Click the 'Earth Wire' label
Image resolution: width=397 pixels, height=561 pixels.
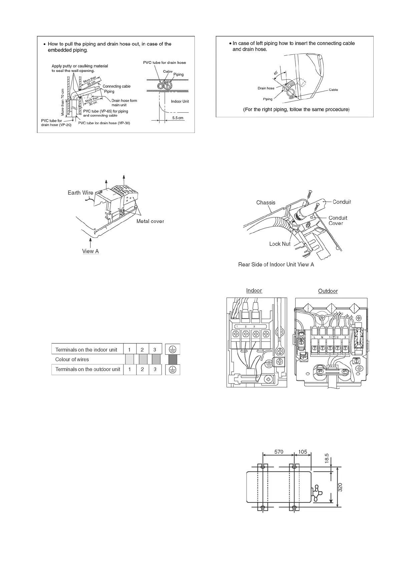click(80, 193)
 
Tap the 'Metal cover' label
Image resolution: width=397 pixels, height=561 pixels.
click(150, 221)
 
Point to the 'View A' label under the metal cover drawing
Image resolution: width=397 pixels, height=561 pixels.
click(90, 251)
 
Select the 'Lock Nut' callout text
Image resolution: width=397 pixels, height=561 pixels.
click(280, 244)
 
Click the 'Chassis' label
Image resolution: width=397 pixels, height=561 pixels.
click(266, 202)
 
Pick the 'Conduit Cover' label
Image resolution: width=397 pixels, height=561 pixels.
click(338, 221)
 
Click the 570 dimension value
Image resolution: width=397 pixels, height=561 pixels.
click(279, 452)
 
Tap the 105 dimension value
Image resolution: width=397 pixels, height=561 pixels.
click(302, 452)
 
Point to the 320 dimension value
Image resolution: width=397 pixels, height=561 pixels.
click(340, 488)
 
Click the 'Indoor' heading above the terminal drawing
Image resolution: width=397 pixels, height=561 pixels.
click(254, 290)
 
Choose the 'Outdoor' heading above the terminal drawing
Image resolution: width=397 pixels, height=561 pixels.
click(328, 291)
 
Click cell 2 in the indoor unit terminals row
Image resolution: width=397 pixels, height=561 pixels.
click(142, 350)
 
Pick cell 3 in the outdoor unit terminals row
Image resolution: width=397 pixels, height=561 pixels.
click(155, 369)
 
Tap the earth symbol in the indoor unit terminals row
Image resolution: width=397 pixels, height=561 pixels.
click(172, 349)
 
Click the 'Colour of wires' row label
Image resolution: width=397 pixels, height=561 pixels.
click(72, 359)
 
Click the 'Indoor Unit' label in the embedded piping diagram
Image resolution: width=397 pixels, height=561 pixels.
click(180, 101)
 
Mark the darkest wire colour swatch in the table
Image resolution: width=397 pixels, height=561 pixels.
click(172, 359)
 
